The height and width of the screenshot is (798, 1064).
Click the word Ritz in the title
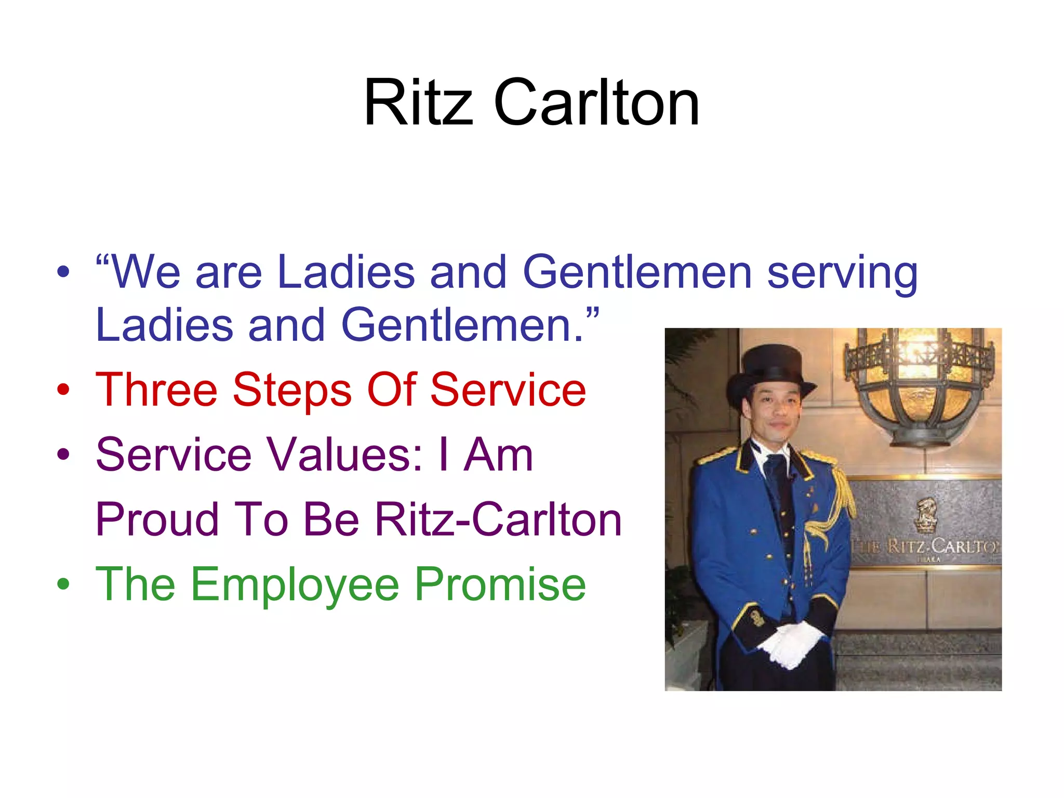pyautogui.click(x=419, y=103)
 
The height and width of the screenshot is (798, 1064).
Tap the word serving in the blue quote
pyautogui.click(x=842, y=273)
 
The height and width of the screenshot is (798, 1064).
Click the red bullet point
pyautogui.click(x=63, y=390)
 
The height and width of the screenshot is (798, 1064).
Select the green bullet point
pyautogui.click(x=63, y=584)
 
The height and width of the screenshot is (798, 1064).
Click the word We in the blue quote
pyautogui.click(x=146, y=272)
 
